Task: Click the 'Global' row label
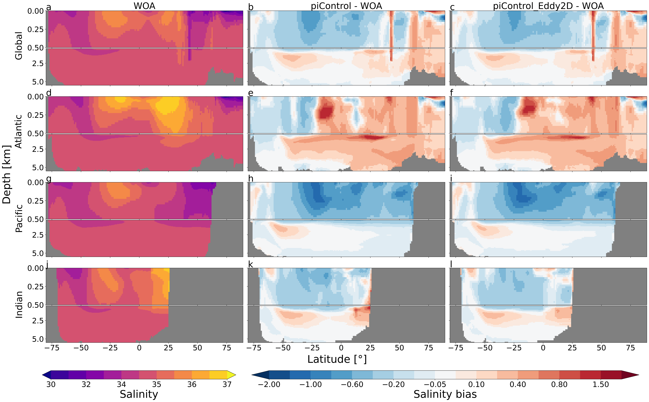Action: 19,46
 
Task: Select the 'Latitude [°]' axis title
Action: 337,359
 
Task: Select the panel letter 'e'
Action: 251,93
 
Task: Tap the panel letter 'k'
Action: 250,265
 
